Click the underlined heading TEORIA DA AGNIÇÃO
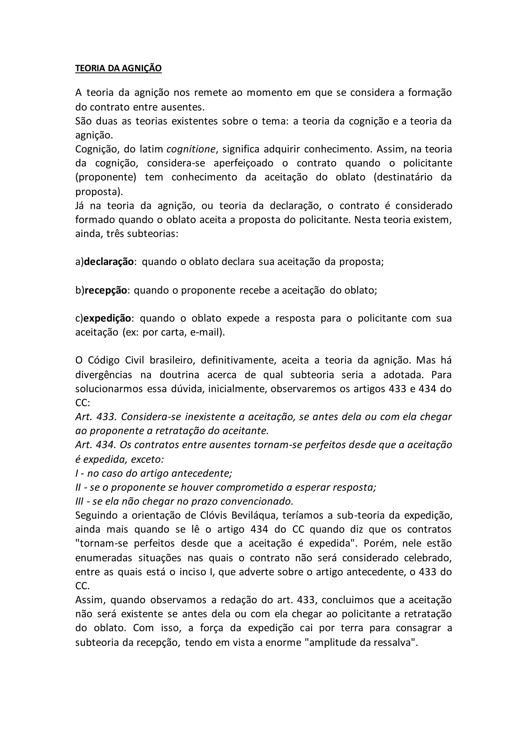pyautogui.click(x=118, y=68)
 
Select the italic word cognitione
pyautogui.click(x=191, y=149)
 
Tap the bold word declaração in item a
pyautogui.click(x=109, y=262)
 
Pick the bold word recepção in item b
pyautogui.click(x=106, y=290)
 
